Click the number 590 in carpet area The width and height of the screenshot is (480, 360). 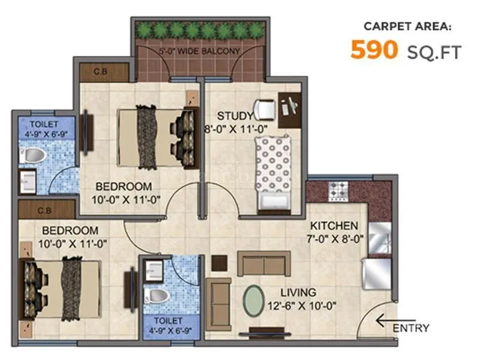pyautogui.click(x=374, y=50)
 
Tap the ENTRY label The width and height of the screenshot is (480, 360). pyautogui.click(x=411, y=328)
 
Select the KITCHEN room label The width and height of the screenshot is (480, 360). pyautogui.click(x=334, y=226)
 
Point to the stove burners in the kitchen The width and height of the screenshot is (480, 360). pyautogui.click(x=335, y=191)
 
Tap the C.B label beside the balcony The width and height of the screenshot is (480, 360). pyautogui.click(x=101, y=72)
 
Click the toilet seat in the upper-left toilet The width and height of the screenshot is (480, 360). pyautogui.click(x=34, y=156)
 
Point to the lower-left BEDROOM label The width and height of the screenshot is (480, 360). pyautogui.click(x=70, y=230)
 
